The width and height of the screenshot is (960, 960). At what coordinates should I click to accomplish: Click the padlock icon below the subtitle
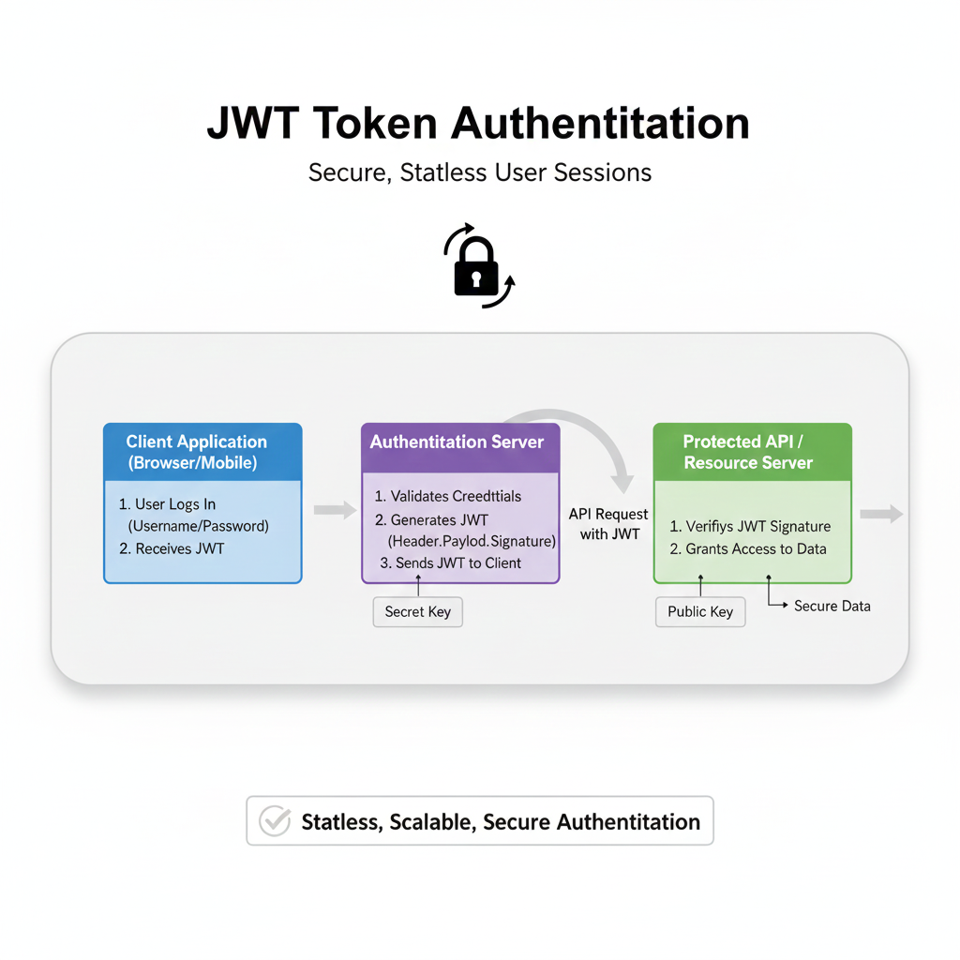476,268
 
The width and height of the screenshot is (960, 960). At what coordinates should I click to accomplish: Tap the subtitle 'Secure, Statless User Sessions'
479,172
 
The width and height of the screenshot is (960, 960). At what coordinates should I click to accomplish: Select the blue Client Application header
202,452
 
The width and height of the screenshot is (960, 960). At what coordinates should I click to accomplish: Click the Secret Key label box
417,611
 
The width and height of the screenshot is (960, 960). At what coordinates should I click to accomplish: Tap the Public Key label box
699,611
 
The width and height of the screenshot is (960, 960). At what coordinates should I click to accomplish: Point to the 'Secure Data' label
832,607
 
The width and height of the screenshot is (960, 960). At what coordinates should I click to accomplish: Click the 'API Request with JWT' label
607,524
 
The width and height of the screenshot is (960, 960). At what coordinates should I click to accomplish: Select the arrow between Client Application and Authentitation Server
334,509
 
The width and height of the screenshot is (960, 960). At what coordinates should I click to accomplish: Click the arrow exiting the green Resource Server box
881,514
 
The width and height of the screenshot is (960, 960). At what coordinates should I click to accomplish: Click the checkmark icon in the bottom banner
274,822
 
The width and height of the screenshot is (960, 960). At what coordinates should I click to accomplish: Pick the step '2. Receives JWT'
172,548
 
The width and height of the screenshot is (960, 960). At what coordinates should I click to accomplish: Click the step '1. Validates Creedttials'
448,496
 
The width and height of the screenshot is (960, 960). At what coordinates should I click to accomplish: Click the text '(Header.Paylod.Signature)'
472,541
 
